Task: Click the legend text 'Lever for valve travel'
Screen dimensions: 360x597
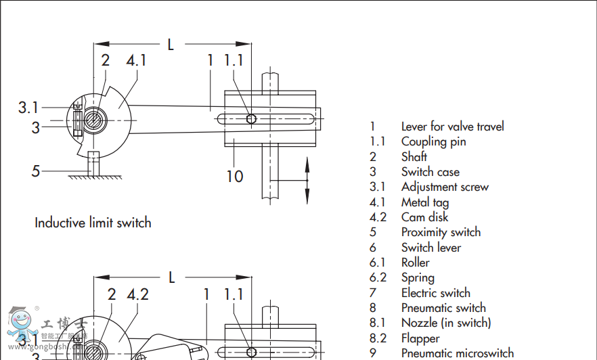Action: coord(452,127)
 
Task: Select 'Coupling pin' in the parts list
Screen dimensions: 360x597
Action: coord(433,141)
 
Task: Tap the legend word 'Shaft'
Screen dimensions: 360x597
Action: coord(414,157)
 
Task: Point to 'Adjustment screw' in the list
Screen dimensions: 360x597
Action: coord(444,187)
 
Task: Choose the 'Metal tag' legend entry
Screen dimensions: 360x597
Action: coord(424,202)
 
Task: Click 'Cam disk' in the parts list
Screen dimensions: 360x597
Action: coord(424,217)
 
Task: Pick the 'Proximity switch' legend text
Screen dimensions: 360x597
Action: coord(441,232)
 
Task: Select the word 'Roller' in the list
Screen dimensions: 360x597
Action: coord(415,263)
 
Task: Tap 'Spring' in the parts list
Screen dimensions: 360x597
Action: coord(418,277)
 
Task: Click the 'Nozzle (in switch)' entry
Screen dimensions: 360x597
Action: coord(446,323)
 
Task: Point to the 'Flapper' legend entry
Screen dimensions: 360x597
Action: coord(420,338)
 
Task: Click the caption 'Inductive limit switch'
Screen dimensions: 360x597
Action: coord(93,223)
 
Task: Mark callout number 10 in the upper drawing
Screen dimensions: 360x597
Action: coord(234,177)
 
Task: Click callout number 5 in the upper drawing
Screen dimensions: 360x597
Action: coord(36,171)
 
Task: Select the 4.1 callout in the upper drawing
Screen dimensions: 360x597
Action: coord(136,60)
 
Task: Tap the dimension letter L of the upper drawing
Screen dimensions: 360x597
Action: coord(171,45)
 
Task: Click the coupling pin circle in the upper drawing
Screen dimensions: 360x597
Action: coord(251,119)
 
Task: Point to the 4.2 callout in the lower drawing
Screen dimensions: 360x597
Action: coord(137,294)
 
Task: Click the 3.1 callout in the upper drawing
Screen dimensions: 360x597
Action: coord(28,107)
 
